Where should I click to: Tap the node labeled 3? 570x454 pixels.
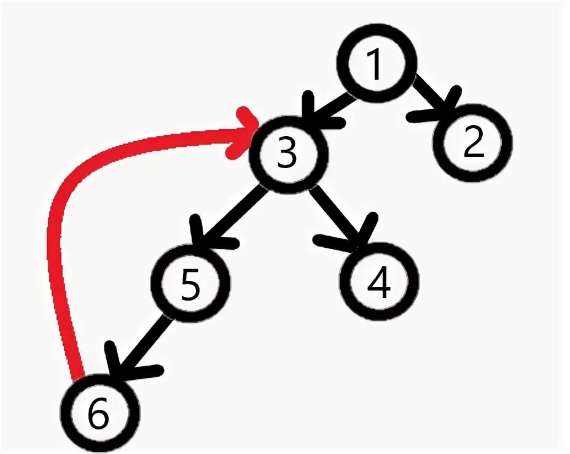point(287,154)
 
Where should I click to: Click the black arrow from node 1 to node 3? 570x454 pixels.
point(332,107)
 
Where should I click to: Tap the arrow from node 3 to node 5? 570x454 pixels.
point(230,215)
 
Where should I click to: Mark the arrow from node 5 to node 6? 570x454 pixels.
point(141,344)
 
